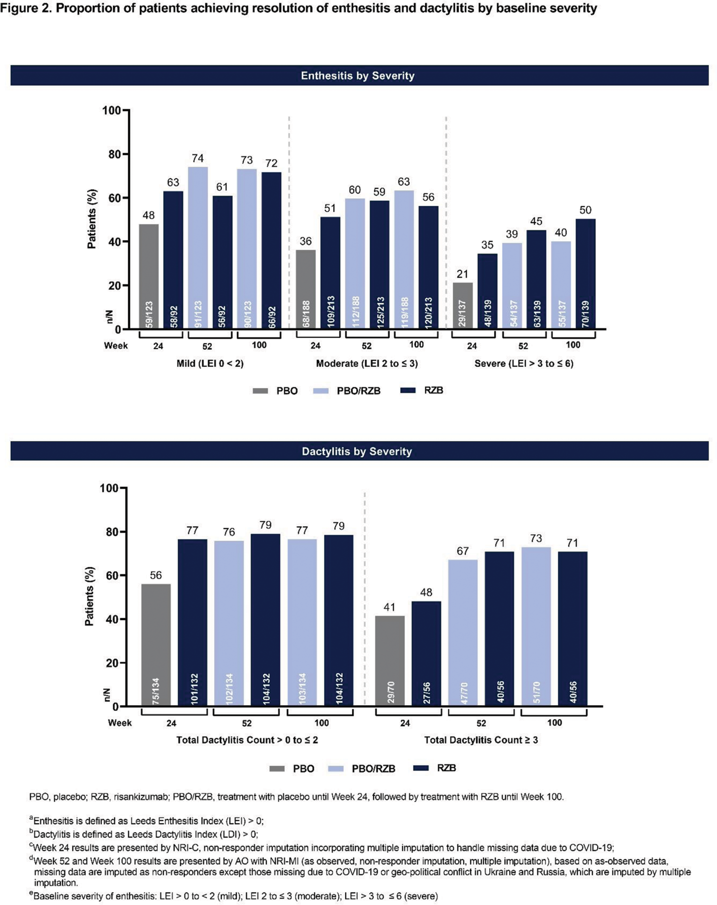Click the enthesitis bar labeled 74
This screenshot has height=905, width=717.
click(198, 247)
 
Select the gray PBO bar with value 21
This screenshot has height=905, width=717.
click(463, 305)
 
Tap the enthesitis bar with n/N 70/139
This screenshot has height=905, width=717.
click(585, 273)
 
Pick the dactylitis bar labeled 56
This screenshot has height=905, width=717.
click(156, 644)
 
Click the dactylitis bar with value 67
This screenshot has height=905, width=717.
click(463, 632)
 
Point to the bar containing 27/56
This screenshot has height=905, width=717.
click(426, 653)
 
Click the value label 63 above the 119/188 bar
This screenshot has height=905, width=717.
click(403, 182)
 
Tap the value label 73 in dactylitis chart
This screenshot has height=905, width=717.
click(536, 538)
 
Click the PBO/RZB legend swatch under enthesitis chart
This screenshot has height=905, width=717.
click(320, 391)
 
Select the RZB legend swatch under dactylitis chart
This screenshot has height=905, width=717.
click(421, 768)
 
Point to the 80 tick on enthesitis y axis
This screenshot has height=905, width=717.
click(114, 154)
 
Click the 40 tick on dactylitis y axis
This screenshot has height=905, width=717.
click(112, 619)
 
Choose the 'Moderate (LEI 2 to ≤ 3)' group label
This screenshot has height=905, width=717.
click(367, 364)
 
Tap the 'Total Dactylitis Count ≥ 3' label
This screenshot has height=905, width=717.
click(481, 740)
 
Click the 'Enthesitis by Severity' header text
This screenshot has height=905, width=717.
click(358, 75)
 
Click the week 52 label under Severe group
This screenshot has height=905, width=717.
click(523, 346)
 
